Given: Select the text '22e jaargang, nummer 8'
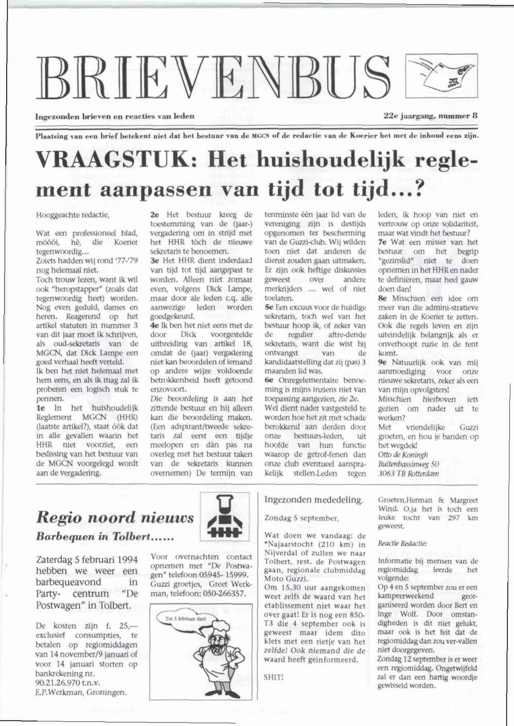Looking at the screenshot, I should pos(431,116).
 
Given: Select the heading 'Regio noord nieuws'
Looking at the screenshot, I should pos(115,517).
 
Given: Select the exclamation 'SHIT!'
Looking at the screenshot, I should pos(273,677).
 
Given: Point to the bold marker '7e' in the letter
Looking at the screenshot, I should pos(383,242).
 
